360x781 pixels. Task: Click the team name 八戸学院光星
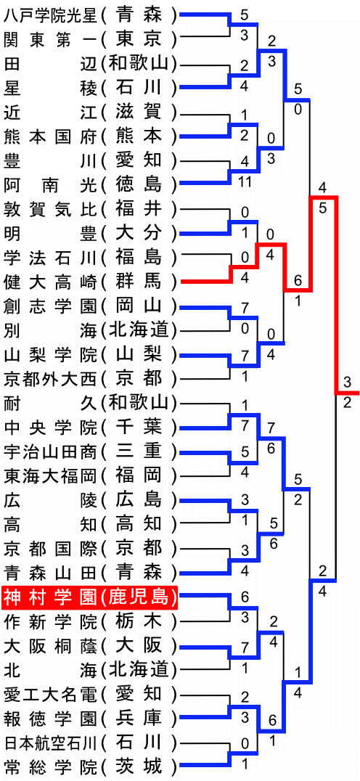(x=50, y=15)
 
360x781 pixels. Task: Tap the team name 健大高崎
(x=50, y=282)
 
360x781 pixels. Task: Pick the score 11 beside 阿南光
(x=244, y=181)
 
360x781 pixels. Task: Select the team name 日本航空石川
(x=50, y=743)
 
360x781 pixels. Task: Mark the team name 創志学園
(x=50, y=306)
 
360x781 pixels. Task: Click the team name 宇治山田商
(x=50, y=451)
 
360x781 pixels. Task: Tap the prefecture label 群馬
(x=139, y=282)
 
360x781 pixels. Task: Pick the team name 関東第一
(x=50, y=39)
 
